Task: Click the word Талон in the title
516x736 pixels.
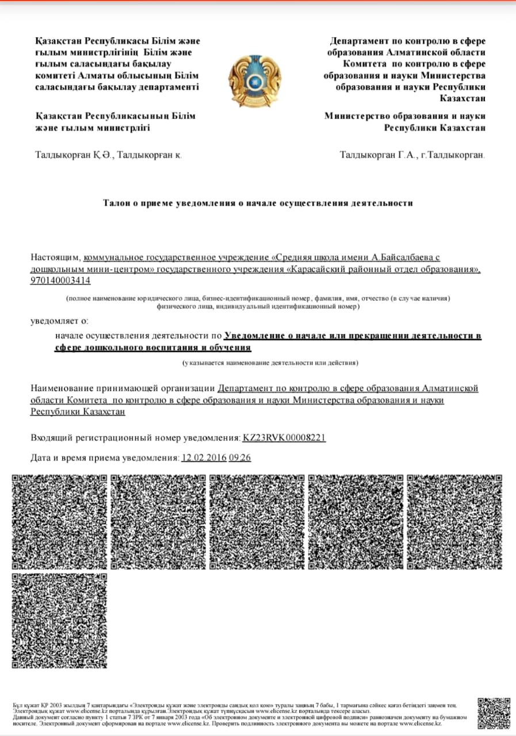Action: (x=116, y=203)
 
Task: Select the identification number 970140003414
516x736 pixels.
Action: (x=60, y=281)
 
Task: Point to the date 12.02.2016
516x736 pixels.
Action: (x=202, y=458)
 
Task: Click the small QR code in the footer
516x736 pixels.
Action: (x=494, y=712)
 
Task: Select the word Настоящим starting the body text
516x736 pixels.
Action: (x=56, y=258)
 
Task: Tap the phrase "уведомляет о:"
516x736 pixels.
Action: (x=59, y=321)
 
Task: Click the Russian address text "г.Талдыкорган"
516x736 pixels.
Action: (x=452, y=155)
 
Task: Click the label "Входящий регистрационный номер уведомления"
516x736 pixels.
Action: (x=135, y=438)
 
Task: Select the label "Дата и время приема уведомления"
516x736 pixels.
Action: (x=105, y=458)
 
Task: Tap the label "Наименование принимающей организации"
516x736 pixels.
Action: (x=123, y=389)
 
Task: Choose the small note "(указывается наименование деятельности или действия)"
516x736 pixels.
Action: (x=270, y=363)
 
